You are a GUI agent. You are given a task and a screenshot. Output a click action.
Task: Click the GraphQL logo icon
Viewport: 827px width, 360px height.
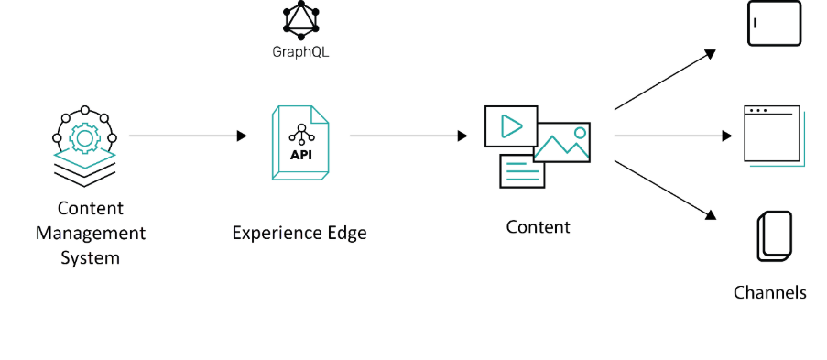click(300, 18)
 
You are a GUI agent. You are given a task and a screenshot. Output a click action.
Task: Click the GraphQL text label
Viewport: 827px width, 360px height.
click(300, 52)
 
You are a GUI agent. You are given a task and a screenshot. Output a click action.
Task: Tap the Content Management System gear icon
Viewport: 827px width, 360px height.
click(84, 137)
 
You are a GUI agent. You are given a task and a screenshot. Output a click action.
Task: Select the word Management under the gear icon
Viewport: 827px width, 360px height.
click(90, 233)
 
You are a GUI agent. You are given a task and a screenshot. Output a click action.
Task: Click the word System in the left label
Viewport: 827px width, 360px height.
click(90, 257)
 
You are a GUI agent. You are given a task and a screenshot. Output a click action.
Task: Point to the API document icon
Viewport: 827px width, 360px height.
click(300, 142)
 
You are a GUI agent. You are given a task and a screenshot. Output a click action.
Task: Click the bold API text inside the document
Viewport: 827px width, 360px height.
click(300, 155)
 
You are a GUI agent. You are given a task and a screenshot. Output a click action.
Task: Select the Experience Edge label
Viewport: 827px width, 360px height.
click(299, 233)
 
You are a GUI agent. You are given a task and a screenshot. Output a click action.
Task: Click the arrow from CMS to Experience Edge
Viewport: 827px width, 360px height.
click(188, 136)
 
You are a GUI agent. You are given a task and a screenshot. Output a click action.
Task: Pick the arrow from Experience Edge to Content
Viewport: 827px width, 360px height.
click(408, 136)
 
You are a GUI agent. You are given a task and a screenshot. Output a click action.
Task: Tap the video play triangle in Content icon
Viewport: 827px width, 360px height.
click(511, 126)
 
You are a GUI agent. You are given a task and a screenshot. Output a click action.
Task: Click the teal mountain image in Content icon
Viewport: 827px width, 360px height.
click(561, 143)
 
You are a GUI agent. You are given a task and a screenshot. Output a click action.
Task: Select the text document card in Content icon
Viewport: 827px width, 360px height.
click(522, 170)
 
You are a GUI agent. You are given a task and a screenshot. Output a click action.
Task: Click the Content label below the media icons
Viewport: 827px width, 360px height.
click(538, 227)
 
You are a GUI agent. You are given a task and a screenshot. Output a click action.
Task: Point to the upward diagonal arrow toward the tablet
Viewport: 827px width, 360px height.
click(664, 80)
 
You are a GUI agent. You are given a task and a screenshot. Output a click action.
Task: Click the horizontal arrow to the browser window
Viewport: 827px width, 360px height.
click(673, 136)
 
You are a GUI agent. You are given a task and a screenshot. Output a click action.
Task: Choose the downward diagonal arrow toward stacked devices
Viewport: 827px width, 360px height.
click(664, 190)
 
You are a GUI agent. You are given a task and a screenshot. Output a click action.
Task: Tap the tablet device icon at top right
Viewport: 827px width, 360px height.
click(774, 23)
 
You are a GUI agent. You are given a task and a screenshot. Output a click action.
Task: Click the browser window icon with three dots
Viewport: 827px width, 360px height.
click(772, 136)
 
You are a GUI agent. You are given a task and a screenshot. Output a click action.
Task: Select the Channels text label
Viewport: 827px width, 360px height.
click(770, 292)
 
